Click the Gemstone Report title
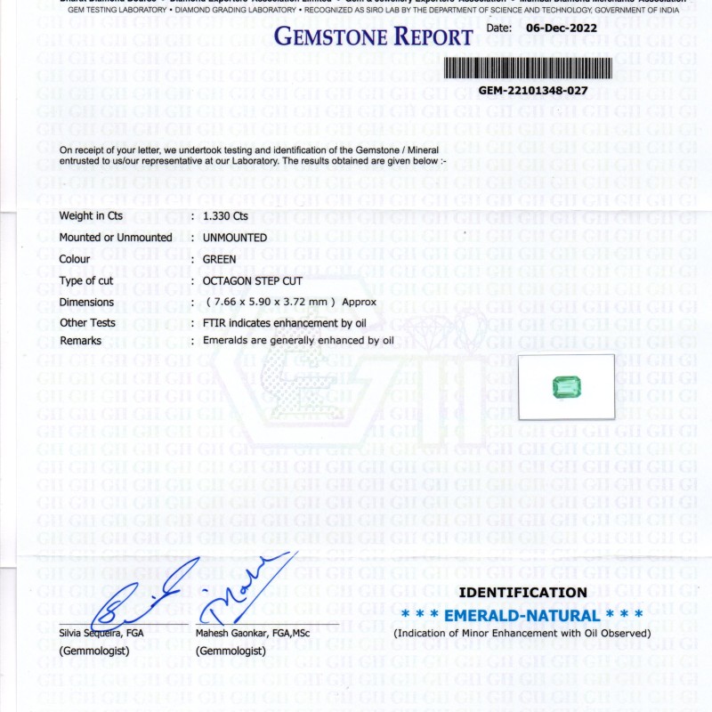pos(373,37)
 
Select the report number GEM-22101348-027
pos(533,91)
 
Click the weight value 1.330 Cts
pos(225,216)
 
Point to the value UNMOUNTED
pos(235,238)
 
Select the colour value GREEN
pos(220,259)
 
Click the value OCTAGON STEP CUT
pos(253,280)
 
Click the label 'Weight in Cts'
pos(91,216)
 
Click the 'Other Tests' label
pos(87,323)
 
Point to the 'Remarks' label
pos(81,341)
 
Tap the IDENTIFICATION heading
pos(522,593)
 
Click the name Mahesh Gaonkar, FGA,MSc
pos(253,634)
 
